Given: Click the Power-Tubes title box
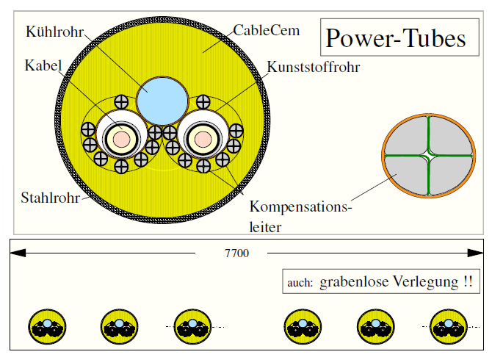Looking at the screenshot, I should pos(396,38).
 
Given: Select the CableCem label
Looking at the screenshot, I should pos(261,31).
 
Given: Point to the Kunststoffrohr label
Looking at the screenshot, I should pos(311,68).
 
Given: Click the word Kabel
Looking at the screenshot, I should pos(41,64).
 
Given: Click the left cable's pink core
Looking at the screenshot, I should pos(120,137).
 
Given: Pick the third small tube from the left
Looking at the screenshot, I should pos(191,326).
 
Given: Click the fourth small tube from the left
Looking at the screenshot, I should pos(302,326).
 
